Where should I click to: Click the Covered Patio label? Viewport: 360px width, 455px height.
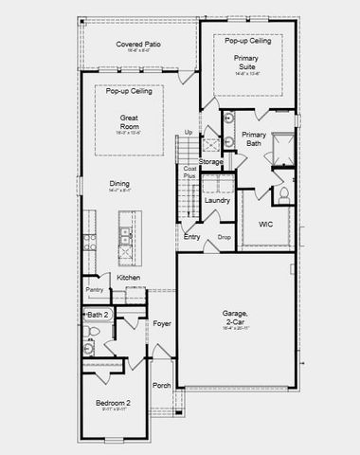click(x=135, y=45)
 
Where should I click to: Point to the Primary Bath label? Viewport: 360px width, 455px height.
click(x=253, y=140)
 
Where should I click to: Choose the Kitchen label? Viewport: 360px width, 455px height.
click(x=129, y=277)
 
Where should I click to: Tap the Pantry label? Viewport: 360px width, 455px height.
click(x=95, y=289)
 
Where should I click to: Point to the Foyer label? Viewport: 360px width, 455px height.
click(x=162, y=323)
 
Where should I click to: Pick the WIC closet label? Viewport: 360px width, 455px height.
click(x=265, y=225)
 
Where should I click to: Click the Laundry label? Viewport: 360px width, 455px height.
click(x=217, y=200)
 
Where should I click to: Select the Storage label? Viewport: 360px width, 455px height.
click(x=211, y=162)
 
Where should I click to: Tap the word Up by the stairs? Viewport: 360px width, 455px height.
click(x=189, y=132)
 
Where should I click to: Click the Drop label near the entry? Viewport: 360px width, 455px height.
click(x=225, y=237)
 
